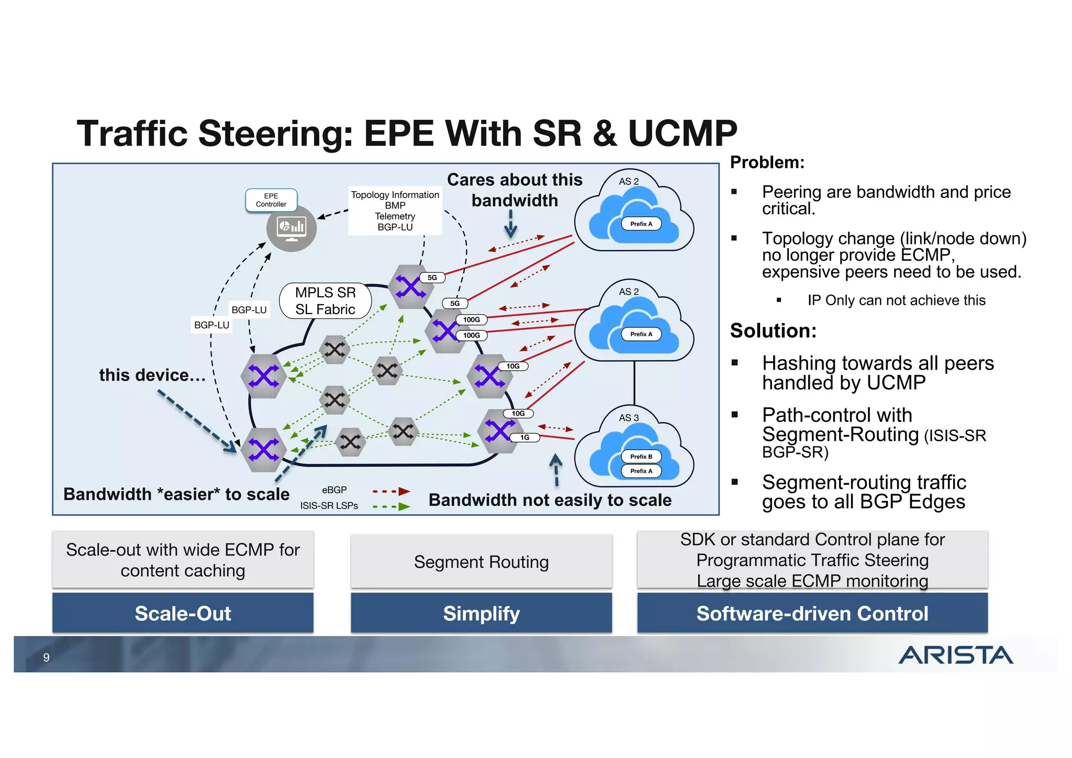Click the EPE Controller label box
pyautogui.click(x=271, y=200)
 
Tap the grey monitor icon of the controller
pyautogui.click(x=292, y=228)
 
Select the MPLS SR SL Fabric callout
pyautogui.click(x=325, y=301)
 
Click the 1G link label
pyautogui.click(x=524, y=438)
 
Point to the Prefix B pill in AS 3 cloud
pyautogui.click(x=641, y=456)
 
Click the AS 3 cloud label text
pyautogui.click(x=629, y=418)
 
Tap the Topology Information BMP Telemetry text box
pyautogui.click(x=395, y=210)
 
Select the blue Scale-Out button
pyautogui.click(x=183, y=613)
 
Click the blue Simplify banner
pyautogui.click(x=481, y=613)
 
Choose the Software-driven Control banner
pyautogui.click(x=812, y=613)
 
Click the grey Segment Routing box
pyautogui.click(x=481, y=562)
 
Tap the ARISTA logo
pyautogui.click(x=955, y=655)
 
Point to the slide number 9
pyautogui.click(x=47, y=657)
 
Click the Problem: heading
pyautogui.click(x=767, y=162)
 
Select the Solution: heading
pyautogui.click(x=773, y=331)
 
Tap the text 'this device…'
pyautogui.click(x=152, y=375)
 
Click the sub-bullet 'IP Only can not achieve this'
pyautogui.click(x=896, y=300)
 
